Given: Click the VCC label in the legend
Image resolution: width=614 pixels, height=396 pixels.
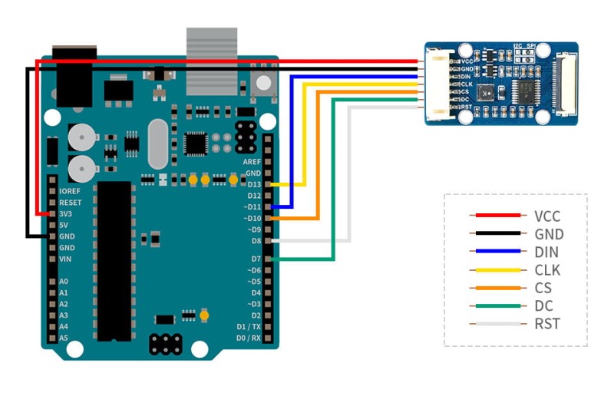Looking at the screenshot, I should [548, 216].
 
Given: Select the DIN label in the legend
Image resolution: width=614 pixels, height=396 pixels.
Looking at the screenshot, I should [546, 252].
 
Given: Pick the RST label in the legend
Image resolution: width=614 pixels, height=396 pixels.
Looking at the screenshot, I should [547, 323].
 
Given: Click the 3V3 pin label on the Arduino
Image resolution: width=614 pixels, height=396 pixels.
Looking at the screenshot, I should [66, 213].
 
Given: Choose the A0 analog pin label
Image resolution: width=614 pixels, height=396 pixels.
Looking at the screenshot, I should [64, 282].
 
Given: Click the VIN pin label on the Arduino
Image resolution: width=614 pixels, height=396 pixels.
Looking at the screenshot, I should [66, 259].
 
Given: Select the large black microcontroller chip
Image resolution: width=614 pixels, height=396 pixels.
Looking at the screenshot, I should [116, 261].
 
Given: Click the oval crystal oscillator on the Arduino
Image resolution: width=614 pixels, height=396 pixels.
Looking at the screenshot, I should [157, 144].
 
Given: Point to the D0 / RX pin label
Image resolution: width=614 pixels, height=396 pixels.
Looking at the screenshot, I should [247, 338].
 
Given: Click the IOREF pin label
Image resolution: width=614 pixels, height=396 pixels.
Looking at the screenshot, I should [70, 191].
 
